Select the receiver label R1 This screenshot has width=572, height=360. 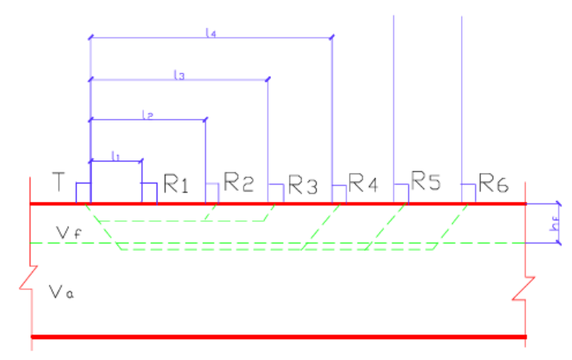[x=176, y=186]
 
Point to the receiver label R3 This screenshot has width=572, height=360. [x=303, y=187]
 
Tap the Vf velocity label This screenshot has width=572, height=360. [x=68, y=231]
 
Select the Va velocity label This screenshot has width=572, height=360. [x=59, y=292]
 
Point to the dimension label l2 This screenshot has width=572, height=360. [x=147, y=115]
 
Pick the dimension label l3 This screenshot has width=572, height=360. [x=179, y=75]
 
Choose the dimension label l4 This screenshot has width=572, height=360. [x=211, y=33]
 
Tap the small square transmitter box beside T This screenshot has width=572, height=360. [x=83, y=193]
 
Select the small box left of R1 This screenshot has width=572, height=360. [x=149, y=193]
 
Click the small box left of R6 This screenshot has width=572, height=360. [x=469, y=193]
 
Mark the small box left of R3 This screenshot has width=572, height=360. [x=275, y=194]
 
